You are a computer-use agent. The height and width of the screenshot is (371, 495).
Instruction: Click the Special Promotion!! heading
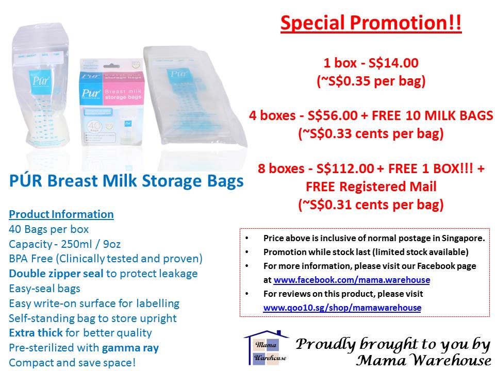click(371, 24)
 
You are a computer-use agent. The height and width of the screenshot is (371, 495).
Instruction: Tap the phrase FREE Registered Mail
click(371, 187)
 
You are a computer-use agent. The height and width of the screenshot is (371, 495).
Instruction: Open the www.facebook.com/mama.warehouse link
click(352, 280)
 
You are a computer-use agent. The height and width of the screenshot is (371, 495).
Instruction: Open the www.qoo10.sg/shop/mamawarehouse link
click(342, 308)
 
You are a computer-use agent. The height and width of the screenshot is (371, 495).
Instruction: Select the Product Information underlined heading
click(61, 214)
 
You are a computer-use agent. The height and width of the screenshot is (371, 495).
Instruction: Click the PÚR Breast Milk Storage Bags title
click(126, 182)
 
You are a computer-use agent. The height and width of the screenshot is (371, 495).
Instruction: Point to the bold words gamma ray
click(130, 348)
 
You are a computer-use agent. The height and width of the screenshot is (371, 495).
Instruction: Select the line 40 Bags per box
click(49, 229)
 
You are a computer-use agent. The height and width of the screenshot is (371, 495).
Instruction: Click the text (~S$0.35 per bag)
click(371, 81)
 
